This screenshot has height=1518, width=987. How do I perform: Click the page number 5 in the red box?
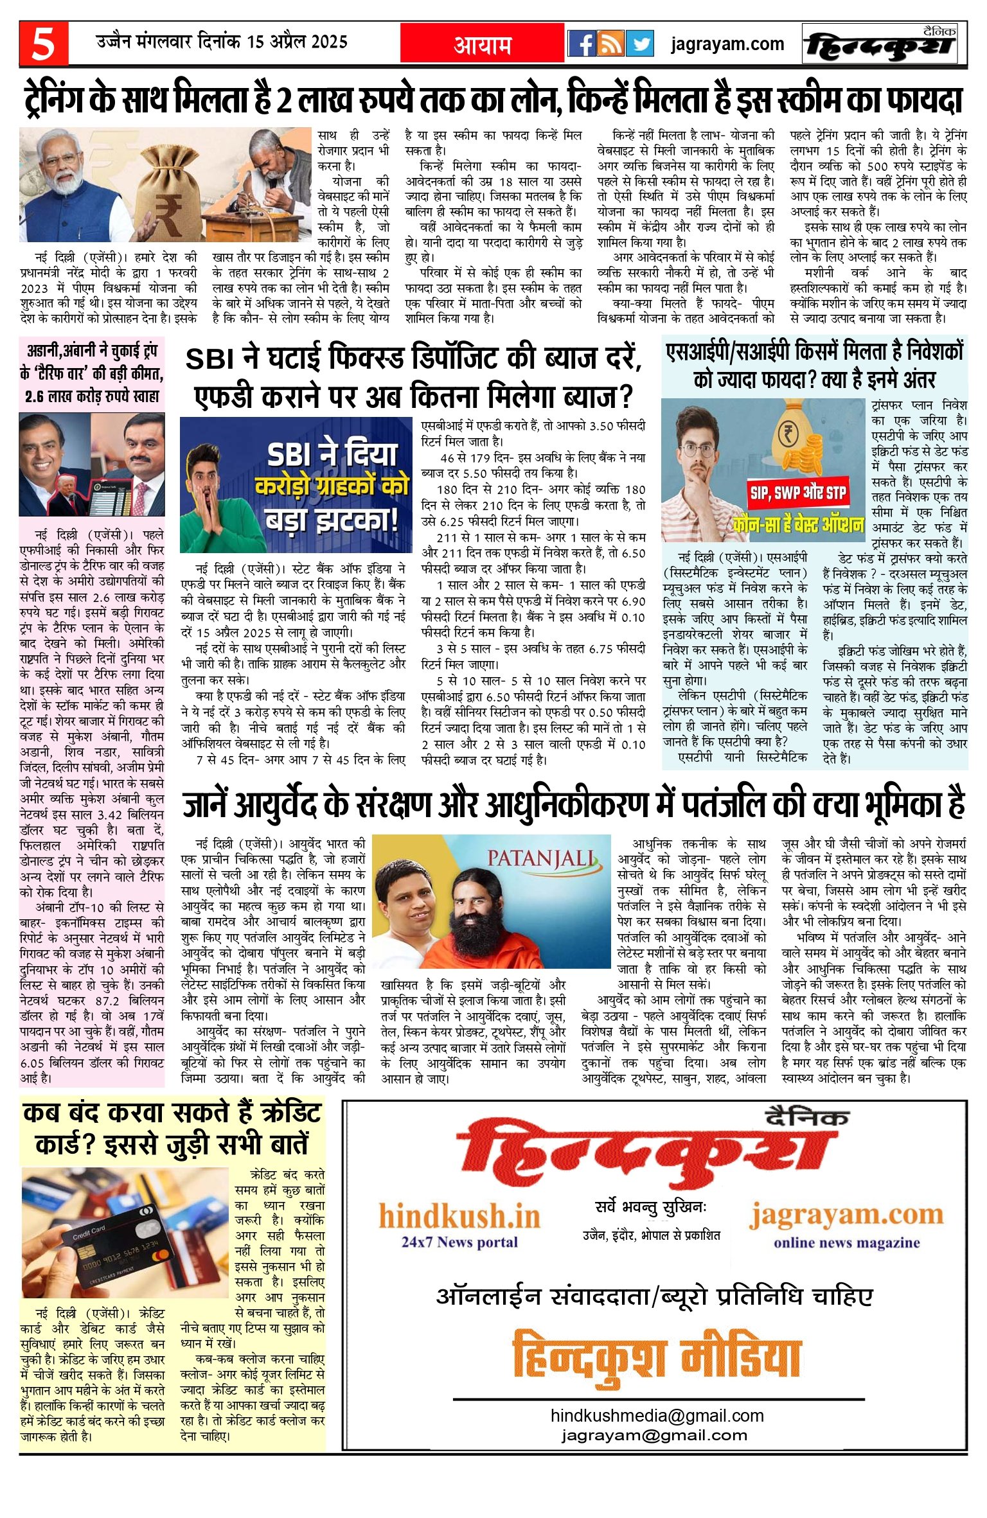[x=43, y=44]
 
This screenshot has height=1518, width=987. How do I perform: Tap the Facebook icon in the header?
[x=582, y=44]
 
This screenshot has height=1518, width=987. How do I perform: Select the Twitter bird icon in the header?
[x=639, y=44]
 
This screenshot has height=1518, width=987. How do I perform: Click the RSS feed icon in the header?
[x=610, y=44]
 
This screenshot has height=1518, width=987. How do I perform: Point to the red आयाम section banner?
[x=483, y=44]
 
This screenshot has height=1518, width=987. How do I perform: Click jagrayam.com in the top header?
[x=727, y=44]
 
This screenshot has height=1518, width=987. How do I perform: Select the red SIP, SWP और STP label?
[x=798, y=493]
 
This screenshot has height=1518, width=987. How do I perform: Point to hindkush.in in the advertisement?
[x=459, y=1216]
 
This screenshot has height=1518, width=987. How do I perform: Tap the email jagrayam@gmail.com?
[x=654, y=1436]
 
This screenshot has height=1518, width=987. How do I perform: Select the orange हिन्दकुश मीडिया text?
[x=657, y=1353]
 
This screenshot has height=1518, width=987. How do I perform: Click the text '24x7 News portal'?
[x=459, y=1242]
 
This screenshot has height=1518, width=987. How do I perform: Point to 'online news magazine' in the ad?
[x=846, y=1242]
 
